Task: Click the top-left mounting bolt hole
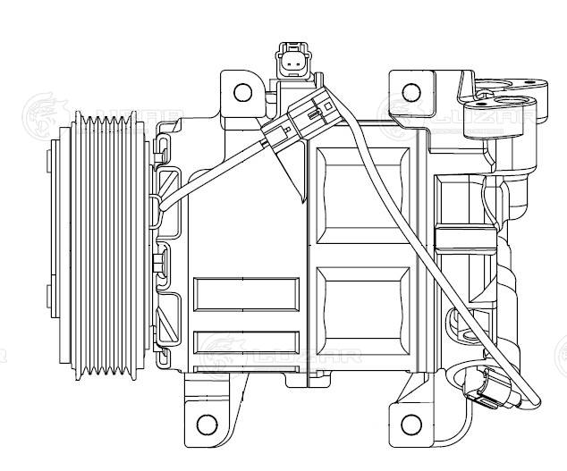[x=243, y=92]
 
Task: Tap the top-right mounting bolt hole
[x=410, y=92]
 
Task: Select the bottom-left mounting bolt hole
[x=207, y=423]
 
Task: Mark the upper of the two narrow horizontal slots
[x=247, y=293]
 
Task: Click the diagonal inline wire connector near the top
[x=300, y=124]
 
